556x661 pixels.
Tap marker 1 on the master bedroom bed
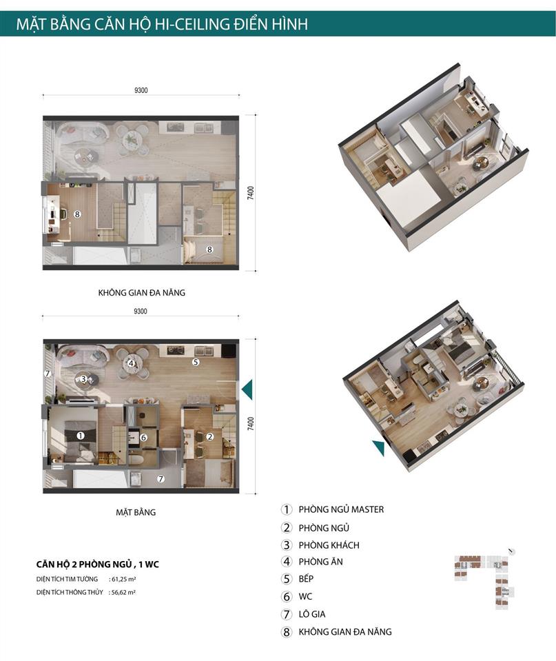81,436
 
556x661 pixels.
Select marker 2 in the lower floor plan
209,436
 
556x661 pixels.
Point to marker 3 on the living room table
83,378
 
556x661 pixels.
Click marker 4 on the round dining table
131,363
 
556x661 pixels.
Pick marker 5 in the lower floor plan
196,361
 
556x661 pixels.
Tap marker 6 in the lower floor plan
143,437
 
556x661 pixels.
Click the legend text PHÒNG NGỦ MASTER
341,510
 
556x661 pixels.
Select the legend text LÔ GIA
312,614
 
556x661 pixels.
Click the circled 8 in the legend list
287,632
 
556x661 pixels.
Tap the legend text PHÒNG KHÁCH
329,545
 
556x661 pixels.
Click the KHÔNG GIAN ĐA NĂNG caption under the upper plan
142,292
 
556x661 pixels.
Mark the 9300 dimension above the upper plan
141,90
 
